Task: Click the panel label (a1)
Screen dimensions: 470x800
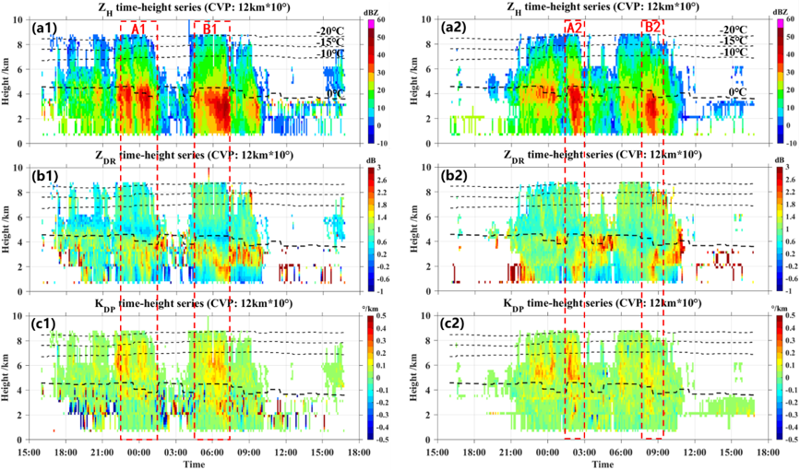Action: tap(45, 29)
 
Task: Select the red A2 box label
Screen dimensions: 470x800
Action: tap(574, 28)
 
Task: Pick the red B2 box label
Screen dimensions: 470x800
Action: tap(652, 28)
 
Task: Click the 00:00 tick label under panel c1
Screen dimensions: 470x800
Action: tap(139, 452)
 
